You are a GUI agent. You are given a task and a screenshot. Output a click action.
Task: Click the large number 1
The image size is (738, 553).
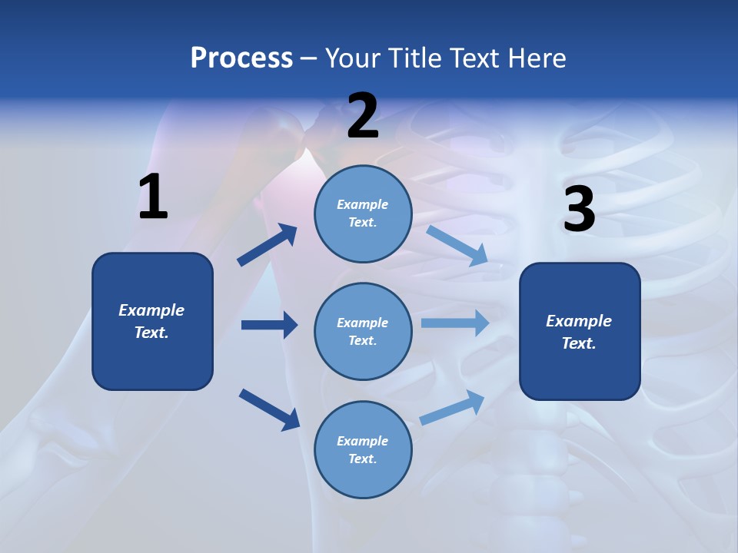pos(153,198)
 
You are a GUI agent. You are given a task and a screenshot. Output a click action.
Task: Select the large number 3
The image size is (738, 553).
pos(580,210)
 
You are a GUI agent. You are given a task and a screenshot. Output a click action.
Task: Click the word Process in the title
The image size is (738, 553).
pos(241,58)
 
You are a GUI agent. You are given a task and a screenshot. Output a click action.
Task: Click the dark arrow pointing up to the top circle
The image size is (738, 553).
pos(268,245)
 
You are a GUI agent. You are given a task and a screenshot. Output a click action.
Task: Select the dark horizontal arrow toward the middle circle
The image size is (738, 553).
pos(269,325)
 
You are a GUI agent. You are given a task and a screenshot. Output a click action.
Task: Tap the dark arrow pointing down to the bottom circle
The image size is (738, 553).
pos(269,409)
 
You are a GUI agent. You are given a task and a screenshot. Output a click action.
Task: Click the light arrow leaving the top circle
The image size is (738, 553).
pos(457,245)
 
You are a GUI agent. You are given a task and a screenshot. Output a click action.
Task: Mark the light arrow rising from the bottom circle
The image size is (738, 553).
pos(453,408)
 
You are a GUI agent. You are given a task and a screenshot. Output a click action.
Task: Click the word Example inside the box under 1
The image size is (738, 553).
pos(151,310)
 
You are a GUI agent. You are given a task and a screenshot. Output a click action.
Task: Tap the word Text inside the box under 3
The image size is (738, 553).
pos(579,343)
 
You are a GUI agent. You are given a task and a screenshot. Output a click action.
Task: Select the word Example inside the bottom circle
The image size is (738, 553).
pos(362,441)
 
